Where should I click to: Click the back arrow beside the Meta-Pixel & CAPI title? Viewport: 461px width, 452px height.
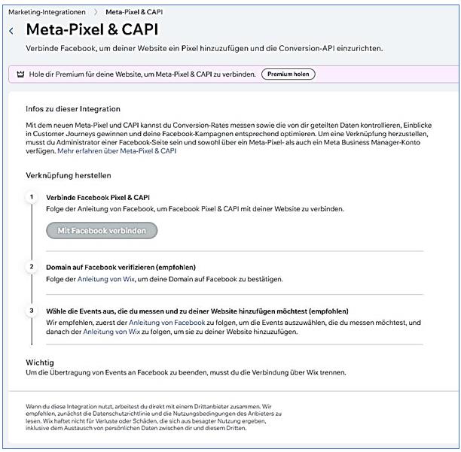click(x=11, y=31)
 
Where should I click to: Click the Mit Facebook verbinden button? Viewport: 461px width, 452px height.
click(x=102, y=230)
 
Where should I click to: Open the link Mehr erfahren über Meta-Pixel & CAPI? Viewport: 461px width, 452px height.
click(x=117, y=150)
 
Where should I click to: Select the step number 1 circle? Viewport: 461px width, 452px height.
click(x=32, y=197)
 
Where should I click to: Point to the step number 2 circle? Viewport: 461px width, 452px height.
click(x=32, y=267)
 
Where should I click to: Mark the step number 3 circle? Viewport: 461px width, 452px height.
click(x=32, y=311)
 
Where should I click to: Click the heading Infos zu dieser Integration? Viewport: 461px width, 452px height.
click(x=72, y=109)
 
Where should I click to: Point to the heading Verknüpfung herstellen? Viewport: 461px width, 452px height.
click(x=69, y=175)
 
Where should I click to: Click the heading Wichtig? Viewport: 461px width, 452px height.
click(x=39, y=363)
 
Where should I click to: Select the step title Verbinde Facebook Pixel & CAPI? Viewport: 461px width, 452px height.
click(x=98, y=197)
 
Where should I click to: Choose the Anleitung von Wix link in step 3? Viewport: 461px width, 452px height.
click(x=111, y=331)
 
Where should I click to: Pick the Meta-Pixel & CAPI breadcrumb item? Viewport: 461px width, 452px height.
click(x=134, y=12)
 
